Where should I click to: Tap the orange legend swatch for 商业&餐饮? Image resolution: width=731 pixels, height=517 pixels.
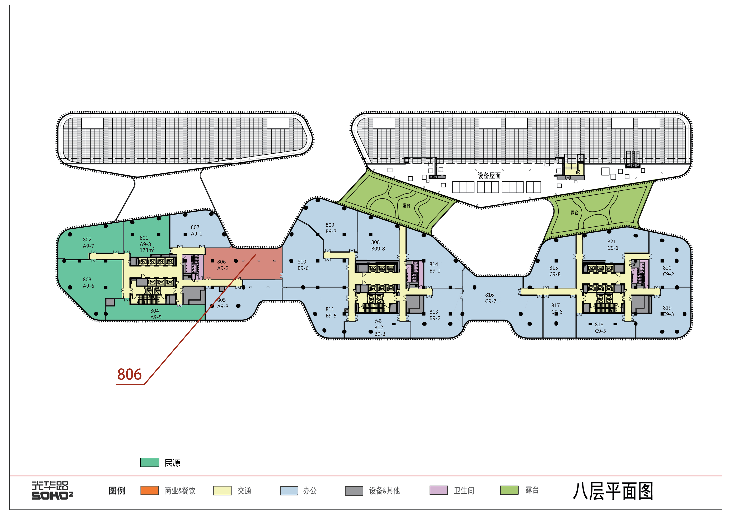click(150, 490)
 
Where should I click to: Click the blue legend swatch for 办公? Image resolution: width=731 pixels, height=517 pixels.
click(289, 491)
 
